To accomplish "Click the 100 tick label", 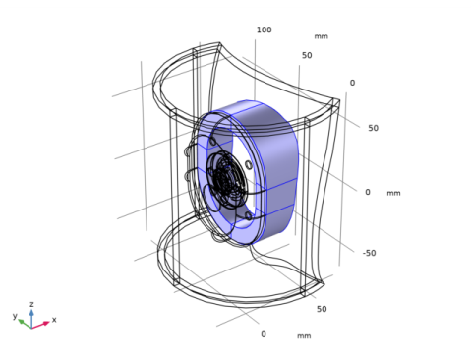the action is tap(264, 30).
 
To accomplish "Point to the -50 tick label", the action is tap(369, 253).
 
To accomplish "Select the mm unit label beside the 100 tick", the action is tap(322, 36).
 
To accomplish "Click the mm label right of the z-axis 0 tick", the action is tap(393, 193).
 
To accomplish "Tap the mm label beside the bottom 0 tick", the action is tap(304, 336).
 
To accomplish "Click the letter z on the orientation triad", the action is tap(31, 304).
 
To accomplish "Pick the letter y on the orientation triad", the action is tap(15, 316).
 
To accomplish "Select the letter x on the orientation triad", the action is tap(54, 319).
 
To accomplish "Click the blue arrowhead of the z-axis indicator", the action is tap(31, 312).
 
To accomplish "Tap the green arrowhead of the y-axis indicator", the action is tap(21, 322).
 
